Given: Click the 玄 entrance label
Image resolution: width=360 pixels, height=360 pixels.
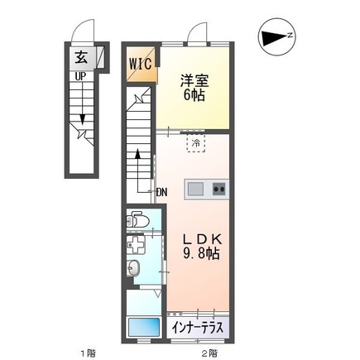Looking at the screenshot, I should click(81, 57).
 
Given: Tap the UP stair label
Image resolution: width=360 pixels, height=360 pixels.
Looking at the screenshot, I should click(80, 75).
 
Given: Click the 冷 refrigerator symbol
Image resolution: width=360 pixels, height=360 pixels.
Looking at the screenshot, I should click(196, 144).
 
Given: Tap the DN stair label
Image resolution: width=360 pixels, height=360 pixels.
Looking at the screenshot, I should click(162, 192).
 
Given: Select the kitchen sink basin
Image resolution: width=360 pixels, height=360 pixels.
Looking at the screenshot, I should click(195, 189).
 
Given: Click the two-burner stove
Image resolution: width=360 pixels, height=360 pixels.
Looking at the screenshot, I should click(218, 189).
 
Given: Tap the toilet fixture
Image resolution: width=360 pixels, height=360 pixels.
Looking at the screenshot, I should click(137, 221).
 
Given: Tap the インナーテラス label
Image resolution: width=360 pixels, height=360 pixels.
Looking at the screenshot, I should click(199, 328).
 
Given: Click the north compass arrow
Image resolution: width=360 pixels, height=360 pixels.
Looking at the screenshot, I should click(272, 36).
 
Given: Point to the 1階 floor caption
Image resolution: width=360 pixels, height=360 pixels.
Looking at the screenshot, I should click(88, 353).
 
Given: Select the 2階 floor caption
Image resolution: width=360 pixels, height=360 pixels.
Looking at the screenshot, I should click(209, 353).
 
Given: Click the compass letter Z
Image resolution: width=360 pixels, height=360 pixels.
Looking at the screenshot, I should click(290, 36).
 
